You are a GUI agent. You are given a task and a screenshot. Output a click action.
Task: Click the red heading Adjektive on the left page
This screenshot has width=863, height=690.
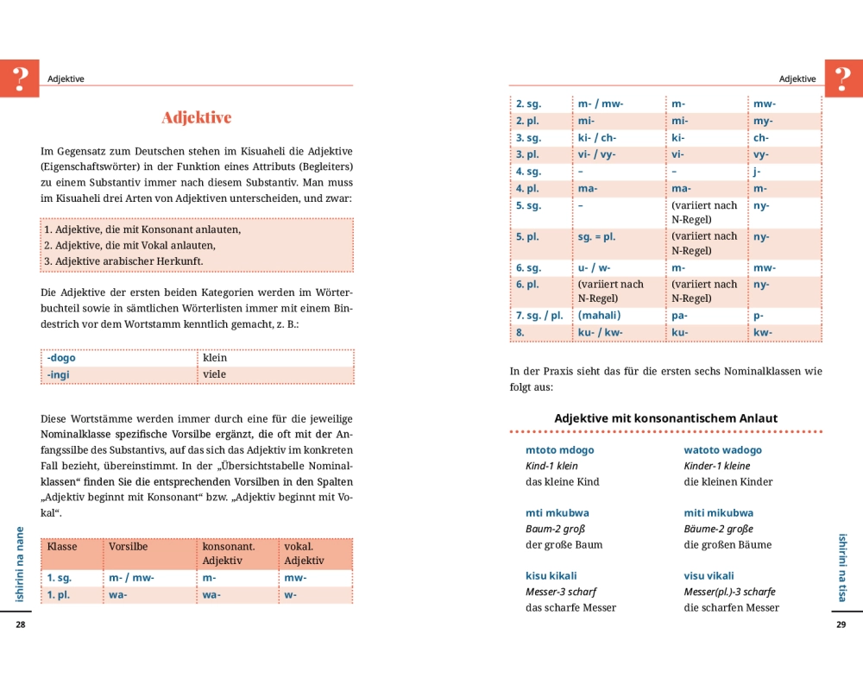(x=197, y=118)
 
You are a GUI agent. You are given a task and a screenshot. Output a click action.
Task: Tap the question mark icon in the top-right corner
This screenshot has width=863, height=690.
(x=844, y=78)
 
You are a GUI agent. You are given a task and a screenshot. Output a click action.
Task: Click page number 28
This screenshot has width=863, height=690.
(x=21, y=624)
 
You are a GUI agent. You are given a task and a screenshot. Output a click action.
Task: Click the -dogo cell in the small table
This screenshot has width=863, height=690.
(x=61, y=358)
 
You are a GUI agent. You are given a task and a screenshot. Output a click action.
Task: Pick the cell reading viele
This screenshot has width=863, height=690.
(x=215, y=375)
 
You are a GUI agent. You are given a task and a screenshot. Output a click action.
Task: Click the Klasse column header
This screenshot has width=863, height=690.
(x=62, y=547)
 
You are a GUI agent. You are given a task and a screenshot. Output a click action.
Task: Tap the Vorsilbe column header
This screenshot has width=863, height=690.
(x=128, y=547)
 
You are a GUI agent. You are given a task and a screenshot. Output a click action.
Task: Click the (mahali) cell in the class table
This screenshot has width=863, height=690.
(x=599, y=316)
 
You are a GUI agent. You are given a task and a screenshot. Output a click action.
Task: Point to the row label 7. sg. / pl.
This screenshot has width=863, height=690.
(x=539, y=316)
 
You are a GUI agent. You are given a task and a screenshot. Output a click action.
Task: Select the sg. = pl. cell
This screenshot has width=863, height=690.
(x=597, y=236)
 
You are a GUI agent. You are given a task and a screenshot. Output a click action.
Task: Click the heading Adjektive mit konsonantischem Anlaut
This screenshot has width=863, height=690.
(x=665, y=418)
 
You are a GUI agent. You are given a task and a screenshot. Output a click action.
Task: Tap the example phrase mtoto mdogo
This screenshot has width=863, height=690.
(x=559, y=450)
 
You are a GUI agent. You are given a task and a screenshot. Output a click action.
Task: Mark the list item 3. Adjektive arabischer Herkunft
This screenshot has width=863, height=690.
(x=123, y=261)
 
